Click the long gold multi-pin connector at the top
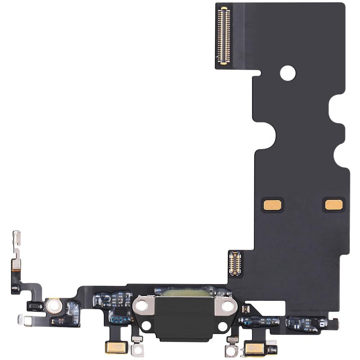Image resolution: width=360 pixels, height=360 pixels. point(223,36)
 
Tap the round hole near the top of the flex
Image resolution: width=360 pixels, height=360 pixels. point(288,73)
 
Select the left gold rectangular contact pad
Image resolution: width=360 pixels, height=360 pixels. point(273,205)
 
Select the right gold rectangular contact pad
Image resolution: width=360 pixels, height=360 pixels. point(334,204)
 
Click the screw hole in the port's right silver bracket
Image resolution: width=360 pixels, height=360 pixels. point(228,306)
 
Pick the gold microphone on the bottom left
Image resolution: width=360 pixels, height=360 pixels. point(116,347)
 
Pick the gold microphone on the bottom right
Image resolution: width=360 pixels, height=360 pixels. point(255,349)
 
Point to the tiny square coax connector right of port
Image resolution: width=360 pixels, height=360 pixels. point(247,309)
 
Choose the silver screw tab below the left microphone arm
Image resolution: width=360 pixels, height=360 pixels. point(137,348)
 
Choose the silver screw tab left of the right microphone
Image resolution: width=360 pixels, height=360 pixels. point(231,350)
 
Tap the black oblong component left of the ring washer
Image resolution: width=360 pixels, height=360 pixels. point(35,307)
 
